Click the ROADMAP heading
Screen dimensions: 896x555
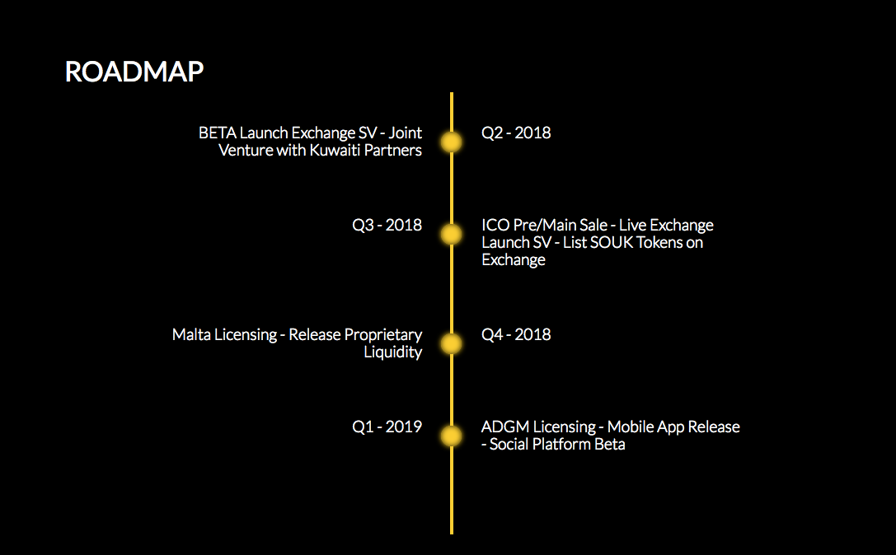134,72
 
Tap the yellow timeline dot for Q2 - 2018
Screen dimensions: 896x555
452,142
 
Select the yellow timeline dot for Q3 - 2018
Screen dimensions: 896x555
452,235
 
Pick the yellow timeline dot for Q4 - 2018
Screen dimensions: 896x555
452,343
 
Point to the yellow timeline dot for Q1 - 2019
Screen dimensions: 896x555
452,436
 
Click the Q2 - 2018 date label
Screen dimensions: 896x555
516,133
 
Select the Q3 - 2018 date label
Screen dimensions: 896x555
387,225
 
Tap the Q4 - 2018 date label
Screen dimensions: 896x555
516,334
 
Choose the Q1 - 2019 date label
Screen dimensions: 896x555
387,427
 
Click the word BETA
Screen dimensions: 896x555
217,133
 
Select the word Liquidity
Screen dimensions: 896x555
393,352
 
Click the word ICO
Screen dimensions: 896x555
495,225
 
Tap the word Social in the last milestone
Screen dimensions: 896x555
509,444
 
